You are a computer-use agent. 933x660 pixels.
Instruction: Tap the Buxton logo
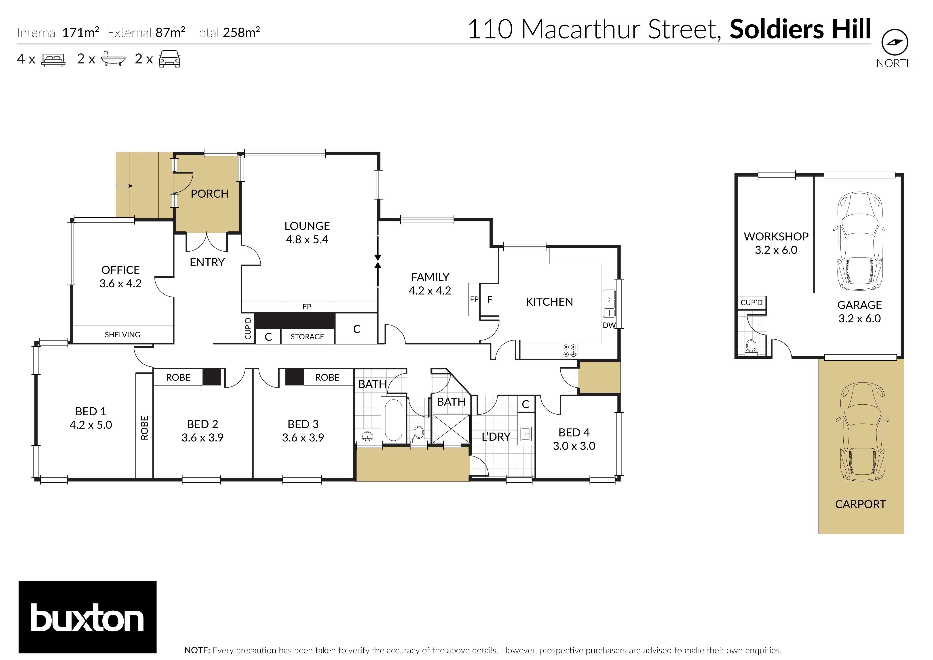(87, 617)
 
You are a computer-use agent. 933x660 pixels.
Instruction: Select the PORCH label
(209, 194)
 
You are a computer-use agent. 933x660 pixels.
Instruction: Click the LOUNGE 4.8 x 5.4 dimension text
(307, 239)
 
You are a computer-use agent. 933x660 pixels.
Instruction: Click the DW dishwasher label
(609, 325)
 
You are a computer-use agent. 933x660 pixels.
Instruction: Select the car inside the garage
(859, 241)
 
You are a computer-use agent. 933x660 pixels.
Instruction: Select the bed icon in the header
(53, 59)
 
